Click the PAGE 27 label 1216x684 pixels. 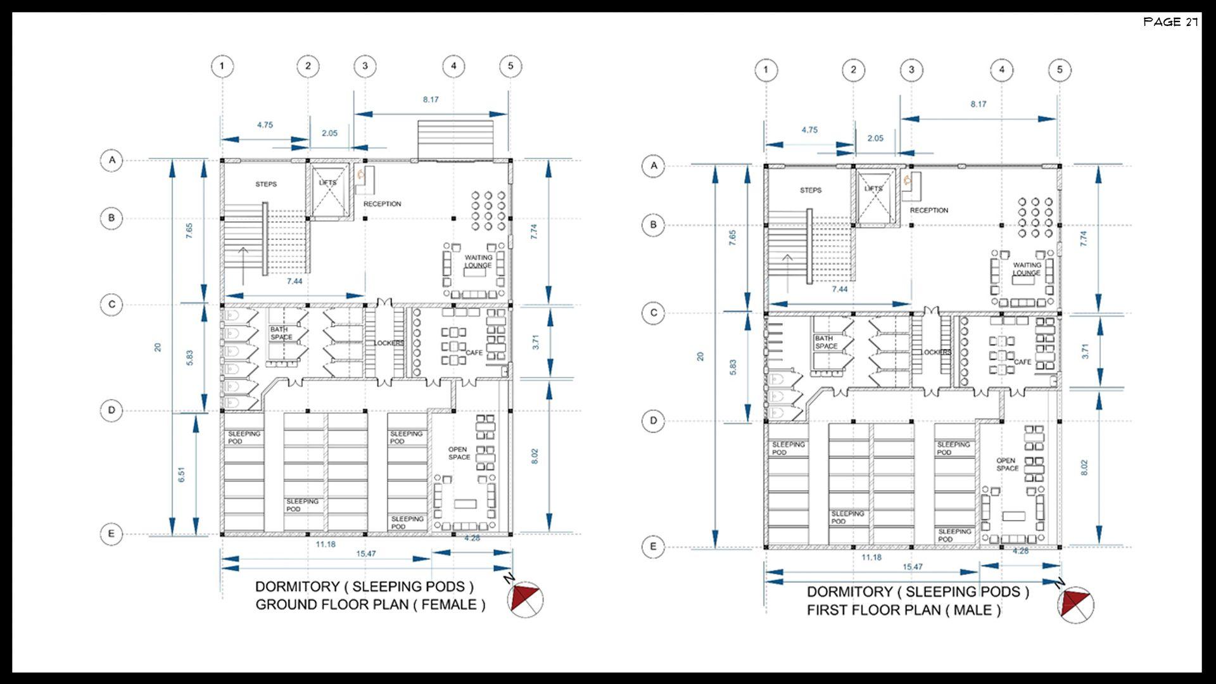point(1170,22)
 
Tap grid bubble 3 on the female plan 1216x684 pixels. point(365,66)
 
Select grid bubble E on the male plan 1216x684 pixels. point(653,547)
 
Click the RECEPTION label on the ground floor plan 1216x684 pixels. point(382,204)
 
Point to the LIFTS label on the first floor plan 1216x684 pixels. point(873,189)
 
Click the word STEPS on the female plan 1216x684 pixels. point(266,184)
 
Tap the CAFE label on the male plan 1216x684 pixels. point(1022,362)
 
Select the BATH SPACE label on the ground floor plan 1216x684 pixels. point(281,333)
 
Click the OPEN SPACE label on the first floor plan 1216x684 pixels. point(1007,465)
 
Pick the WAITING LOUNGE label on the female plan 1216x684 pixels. point(478,262)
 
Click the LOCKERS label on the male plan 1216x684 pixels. point(936,352)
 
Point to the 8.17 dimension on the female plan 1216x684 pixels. point(431,99)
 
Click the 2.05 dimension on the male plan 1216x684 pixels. point(875,138)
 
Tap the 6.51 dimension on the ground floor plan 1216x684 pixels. point(182,474)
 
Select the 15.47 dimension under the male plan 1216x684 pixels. point(913,567)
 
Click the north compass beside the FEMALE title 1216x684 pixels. point(526,598)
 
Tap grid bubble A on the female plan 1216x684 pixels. point(112,160)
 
